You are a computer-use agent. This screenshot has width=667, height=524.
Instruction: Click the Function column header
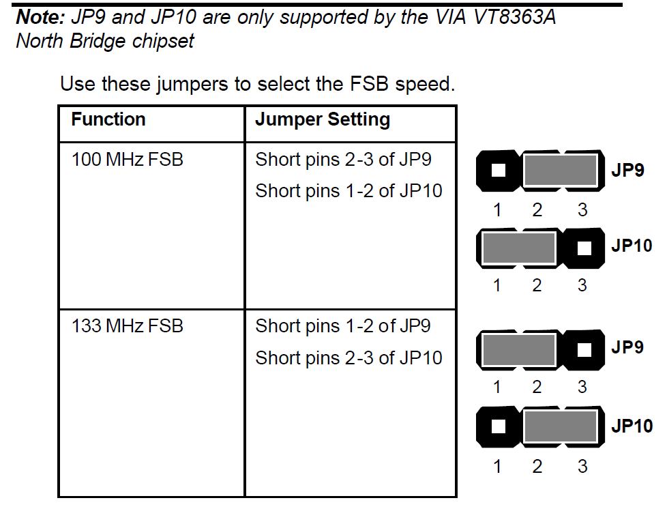(108, 119)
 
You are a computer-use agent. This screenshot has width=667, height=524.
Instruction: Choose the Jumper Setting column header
(323, 120)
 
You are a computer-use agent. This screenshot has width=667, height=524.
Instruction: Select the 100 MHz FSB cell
(128, 160)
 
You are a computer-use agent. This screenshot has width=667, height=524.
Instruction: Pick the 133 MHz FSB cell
(128, 326)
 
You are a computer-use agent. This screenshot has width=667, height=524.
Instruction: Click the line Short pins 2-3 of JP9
(343, 160)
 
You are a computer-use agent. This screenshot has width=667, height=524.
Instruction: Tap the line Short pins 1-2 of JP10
(349, 191)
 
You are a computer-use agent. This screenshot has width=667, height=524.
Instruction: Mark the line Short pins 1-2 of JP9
(343, 326)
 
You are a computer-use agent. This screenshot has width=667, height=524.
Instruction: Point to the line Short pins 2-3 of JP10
(349, 358)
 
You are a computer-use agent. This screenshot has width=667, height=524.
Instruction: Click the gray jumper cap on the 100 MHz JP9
(560, 171)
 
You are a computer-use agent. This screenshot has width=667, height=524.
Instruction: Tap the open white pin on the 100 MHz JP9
(499, 171)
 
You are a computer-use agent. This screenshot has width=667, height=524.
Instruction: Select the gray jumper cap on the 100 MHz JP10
(518, 248)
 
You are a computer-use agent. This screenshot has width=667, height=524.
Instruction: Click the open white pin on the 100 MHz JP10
(584, 248)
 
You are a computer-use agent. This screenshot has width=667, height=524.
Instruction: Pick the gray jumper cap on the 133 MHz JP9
(518, 349)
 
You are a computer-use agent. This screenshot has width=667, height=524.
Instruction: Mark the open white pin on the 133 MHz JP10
(499, 426)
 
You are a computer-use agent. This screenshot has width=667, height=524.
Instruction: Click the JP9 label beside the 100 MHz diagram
(627, 171)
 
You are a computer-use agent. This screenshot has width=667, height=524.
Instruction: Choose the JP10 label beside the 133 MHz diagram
(632, 426)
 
